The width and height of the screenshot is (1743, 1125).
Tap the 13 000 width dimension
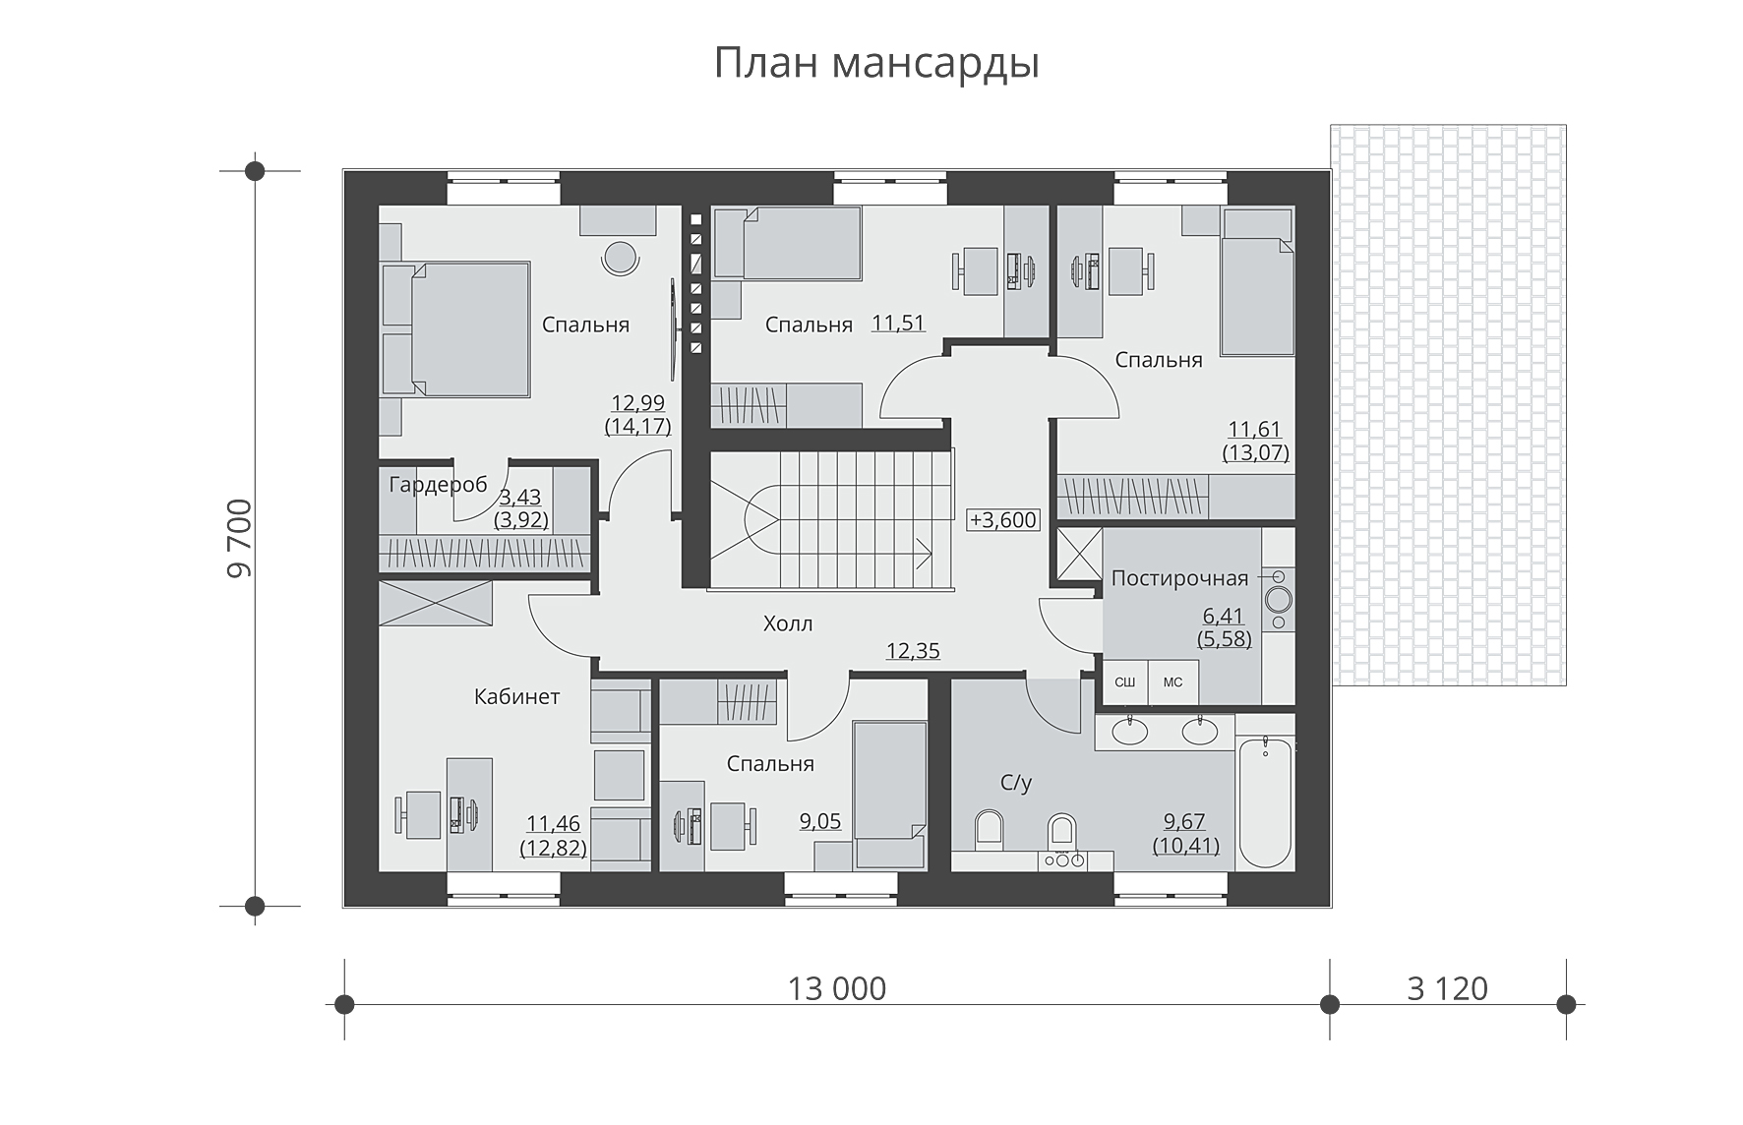837,988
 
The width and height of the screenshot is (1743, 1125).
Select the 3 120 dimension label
1447,988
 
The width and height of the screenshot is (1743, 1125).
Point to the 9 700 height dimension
239,539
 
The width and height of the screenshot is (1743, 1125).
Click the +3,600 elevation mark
1003,520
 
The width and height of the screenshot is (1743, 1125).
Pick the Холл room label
788,623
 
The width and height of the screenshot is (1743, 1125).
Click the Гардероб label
438,485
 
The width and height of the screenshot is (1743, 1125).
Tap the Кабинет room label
516,697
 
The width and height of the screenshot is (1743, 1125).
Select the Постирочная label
1179,578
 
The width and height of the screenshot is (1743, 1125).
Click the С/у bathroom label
1016,784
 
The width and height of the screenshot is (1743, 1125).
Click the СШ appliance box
1122,682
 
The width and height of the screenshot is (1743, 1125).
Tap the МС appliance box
1172,682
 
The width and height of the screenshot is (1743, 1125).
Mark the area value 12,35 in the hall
913,651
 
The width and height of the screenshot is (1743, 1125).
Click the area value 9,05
819,821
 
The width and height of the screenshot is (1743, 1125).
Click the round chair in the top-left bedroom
620,260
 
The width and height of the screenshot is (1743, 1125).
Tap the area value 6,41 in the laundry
1224,617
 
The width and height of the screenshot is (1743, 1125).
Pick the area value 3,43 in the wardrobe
520,499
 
